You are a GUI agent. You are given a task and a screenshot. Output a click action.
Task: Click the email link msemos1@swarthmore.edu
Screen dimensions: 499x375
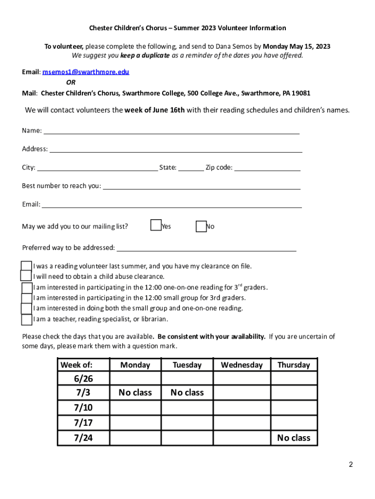(86, 72)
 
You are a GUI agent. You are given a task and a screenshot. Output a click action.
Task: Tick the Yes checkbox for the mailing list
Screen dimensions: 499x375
(156, 225)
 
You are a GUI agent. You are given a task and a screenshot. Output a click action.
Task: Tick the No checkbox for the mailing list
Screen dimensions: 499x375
(201, 226)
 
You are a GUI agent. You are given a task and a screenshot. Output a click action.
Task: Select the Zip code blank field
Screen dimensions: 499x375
(267, 167)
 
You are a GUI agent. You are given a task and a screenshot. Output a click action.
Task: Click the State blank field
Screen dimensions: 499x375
(191, 167)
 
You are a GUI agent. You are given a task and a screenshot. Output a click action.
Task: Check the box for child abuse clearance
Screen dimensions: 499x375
(26, 276)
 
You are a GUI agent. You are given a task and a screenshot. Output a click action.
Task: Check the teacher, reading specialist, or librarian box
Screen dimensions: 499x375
(27, 320)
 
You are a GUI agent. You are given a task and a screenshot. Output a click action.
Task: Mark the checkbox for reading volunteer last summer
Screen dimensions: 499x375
(26, 266)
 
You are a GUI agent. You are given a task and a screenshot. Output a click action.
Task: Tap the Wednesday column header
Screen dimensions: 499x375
(242, 365)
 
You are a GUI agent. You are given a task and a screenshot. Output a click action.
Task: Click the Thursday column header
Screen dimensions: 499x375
(293, 365)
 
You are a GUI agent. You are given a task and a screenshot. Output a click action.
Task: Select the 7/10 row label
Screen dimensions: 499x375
(83, 407)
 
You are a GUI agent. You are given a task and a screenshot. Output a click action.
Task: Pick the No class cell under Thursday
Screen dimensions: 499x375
(293, 438)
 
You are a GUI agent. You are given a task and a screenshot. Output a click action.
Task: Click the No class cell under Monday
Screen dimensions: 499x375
(135, 393)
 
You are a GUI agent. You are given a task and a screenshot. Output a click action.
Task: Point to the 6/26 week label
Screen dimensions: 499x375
(83, 379)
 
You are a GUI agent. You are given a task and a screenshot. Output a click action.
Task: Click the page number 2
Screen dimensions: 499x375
(351, 464)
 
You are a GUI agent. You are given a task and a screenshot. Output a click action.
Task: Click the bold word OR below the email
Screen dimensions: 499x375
(71, 82)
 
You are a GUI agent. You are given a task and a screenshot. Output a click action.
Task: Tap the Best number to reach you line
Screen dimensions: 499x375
(202, 186)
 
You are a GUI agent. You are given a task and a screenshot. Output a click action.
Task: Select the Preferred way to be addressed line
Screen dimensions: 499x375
(206, 248)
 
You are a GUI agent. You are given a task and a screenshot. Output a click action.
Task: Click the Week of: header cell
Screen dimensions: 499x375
(83, 365)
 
